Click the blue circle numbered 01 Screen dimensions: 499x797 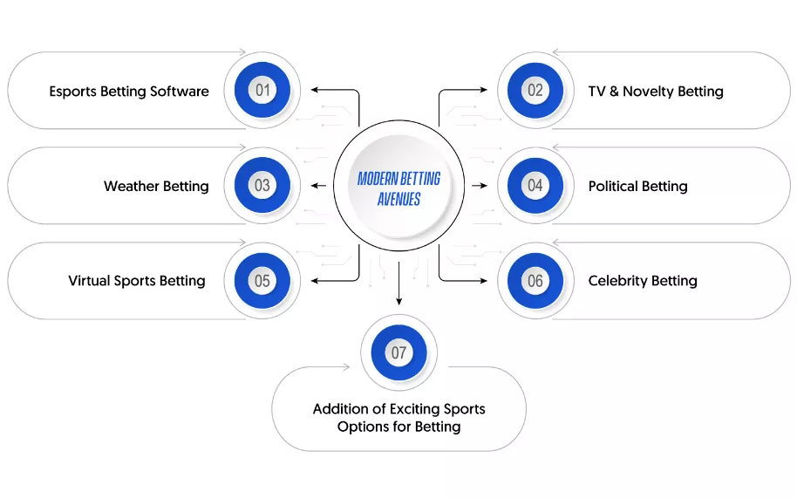[262, 90]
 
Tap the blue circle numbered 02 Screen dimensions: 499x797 [535, 90]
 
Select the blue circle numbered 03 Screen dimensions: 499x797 [262, 185]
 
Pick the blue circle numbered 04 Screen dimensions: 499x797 [535, 185]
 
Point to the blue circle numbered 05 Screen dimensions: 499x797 [262, 280]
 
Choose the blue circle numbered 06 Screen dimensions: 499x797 [535, 280]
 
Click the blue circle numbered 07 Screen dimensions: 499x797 [398, 352]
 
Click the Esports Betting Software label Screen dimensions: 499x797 [129, 91]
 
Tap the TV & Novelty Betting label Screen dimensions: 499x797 [656, 91]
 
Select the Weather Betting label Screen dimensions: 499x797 [156, 186]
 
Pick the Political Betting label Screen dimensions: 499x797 [637, 186]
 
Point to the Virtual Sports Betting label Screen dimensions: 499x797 [137, 281]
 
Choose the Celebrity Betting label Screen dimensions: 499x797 [643, 281]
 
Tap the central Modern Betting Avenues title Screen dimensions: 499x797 [398, 188]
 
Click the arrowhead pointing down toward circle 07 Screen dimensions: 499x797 [398, 301]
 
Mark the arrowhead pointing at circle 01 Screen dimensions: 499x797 [315, 90]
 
